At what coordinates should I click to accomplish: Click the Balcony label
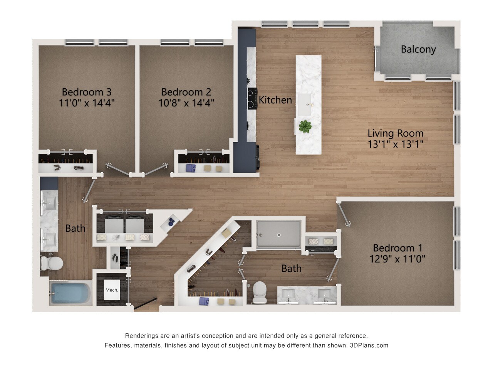coord(418,49)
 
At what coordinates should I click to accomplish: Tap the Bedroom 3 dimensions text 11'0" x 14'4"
coord(87,103)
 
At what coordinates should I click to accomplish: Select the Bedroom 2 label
coord(186,92)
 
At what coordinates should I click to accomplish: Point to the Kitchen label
coord(275,100)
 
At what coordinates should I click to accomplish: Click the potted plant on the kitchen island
coord(305,126)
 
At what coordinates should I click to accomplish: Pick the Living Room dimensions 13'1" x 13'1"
coord(396,144)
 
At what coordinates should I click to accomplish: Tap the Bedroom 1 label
coord(397,248)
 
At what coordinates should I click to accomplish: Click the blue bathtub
coord(70,293)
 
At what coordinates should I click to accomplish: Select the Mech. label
coord(112,290)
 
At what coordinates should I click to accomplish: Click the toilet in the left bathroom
coord(52,263)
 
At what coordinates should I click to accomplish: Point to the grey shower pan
coord(278,234)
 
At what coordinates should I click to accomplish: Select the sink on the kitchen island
coord(307,103)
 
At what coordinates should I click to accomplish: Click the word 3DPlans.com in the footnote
coord(369,345)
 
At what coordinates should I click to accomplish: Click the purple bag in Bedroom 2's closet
coord(191,168)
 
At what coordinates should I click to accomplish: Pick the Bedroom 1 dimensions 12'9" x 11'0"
coord(397,259)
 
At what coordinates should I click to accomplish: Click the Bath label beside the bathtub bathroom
coord(75,229)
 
